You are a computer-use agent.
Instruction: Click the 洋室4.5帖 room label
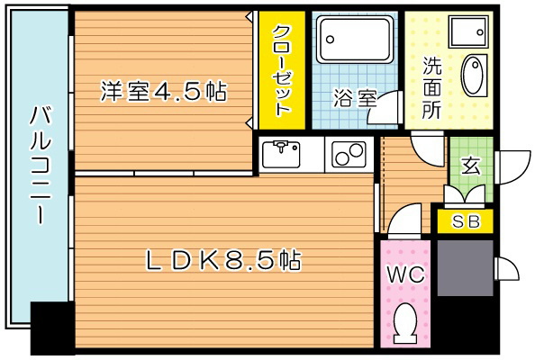162,91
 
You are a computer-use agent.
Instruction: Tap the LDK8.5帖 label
223,261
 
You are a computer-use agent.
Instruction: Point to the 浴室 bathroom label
354,98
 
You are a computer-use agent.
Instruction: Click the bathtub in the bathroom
355,39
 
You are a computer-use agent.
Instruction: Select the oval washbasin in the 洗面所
473,76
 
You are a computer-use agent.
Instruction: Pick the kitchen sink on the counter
286,154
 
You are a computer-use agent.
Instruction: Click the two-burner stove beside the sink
347,155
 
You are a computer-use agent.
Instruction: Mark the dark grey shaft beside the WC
465,267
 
